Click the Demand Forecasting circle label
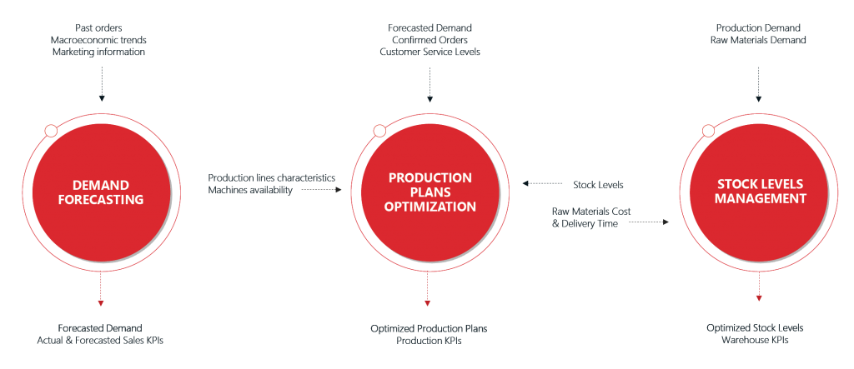pyautogui.click(x=101, y=192)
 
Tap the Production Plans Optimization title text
pyautogui.click(x=430, y=192)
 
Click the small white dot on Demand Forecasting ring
pyautogui.click(x=51, y=131)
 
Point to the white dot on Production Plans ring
pyautogui.click(x=379, y=131)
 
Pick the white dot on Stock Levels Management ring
pyautogui.click(x=708, y=131)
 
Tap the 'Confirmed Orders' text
pyautogui.click(x=430, y=40)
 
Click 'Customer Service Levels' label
pyautogui.click(x=430, y=52)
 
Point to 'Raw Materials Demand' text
pyautogui.click(x=758, y=40)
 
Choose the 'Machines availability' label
pyautogui.click(x=250, y=191)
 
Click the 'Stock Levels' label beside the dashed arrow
pyautogui.click(x=599, y=184)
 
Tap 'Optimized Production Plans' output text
pyautogui.click(x=430, y=329)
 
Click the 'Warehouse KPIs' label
pyautogui.click(x=758, y=340)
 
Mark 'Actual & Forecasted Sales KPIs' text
pyautogui.click(x=101, y=340)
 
